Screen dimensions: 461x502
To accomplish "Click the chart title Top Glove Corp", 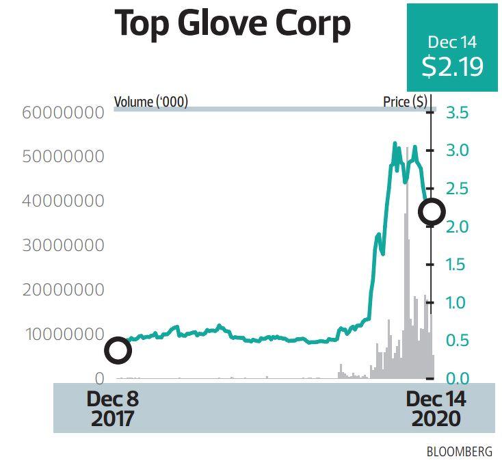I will click(x=233, y=25).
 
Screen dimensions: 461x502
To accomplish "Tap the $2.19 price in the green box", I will click(x=452, y=67).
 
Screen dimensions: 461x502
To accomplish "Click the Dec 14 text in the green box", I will click(x=452, y=42).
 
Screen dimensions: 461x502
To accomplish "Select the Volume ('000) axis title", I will click(x=150, y=103).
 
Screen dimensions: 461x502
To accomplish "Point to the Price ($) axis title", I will click(x=405, y=103).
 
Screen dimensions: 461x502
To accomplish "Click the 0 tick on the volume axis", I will click(x=99, y=378).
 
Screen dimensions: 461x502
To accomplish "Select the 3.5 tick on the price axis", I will click(x=457, y=112).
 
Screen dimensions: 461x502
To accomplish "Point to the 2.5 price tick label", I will click(x=457, y=188).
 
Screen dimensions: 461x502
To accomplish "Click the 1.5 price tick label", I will click(x=457, y=265).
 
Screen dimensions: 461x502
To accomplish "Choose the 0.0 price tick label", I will click(x=457, y=378).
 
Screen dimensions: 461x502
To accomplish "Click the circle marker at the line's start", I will click(x=118, y=351).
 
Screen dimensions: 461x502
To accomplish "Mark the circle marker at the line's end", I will click(x=432, y=212).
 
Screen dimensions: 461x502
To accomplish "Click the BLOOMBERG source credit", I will click(x=459, y=451).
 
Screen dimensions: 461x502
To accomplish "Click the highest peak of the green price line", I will click(x=395, y=143).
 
